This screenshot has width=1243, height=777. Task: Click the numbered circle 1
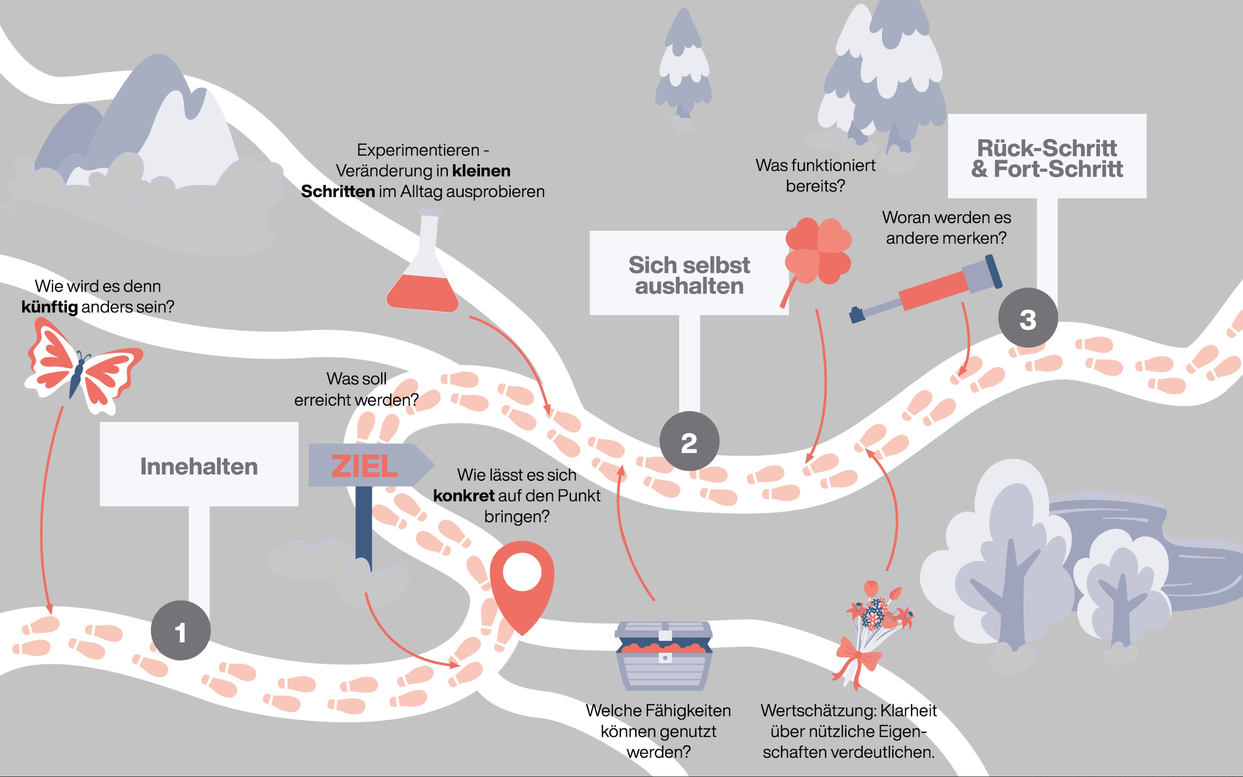pyautogui.click(x=181, y=630)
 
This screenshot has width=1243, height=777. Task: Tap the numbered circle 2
pyautogui.click(x=689, y=441)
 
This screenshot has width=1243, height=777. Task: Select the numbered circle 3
pyautogui.click(x=1028, y=318)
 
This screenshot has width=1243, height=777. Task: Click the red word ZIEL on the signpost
pyautogui.click(x=364, y=466)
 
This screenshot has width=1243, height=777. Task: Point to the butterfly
pyautogui.click(x=82, y=366)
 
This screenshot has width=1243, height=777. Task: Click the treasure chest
pyautogui.click(x=664, y=655)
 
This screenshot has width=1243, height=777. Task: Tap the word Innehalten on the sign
pyautogui.click(x=199, y=467)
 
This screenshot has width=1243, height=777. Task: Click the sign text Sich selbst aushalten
pyautogui.click(x=689, y=275)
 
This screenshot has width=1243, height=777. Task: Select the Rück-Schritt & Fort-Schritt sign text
pyautogui.click(x=1047, y=158)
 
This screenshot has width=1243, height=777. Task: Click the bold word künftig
pyautogui.click(x=50, y=307)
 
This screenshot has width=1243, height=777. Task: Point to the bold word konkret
pyautogui.click(x=463, y=496)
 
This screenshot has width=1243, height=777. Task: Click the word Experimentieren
pyautogui.click(x=418, y=150)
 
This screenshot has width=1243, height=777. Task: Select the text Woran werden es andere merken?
pyautogui.click(x=946, y=228)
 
